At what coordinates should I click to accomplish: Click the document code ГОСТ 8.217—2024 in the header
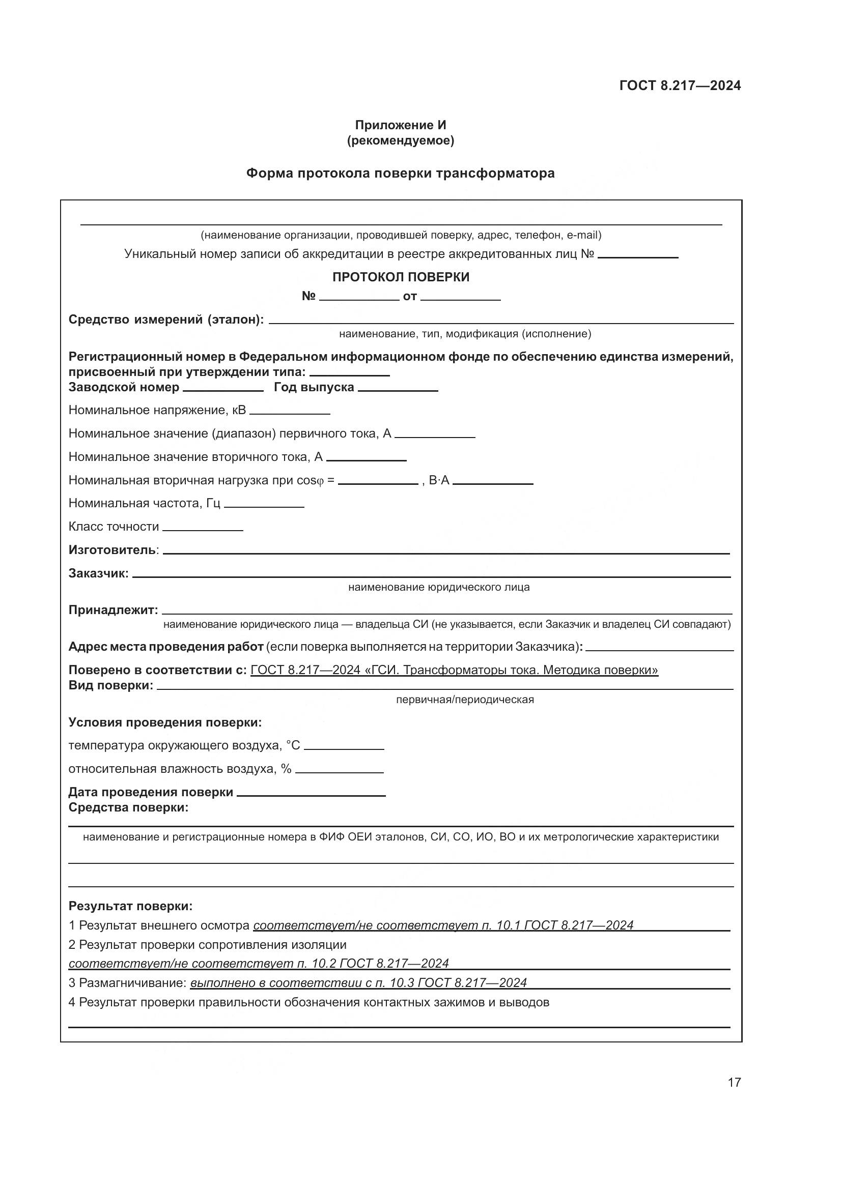click(x=680, y=85)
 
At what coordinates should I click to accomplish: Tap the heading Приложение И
click(x=400, y=125)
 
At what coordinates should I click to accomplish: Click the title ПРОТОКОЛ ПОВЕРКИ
click(x=400, y=277)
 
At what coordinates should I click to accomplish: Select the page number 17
click(x=734, y=1082)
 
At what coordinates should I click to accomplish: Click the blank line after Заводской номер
click(x=223, y=388)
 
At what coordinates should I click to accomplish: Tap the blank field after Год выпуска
click(x=398, y=388)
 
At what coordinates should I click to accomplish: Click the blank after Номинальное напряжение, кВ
click(x=289, y=412)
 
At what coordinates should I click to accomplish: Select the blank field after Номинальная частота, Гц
click(x=264, y=504)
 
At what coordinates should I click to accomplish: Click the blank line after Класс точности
click(x=202, y=528)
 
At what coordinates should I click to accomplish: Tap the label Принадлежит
click(x=113, y=610)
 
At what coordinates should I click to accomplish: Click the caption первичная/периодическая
click(x=465, y=700)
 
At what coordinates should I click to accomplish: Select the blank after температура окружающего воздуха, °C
click(x=344, y=747)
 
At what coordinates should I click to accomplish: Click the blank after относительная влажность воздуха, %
click(x=339, y=770)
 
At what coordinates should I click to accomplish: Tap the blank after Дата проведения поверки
click(x=311, y=793)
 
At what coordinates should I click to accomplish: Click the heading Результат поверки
click(x=130, y=906)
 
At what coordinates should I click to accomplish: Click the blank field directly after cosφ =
click(x=377, y=481)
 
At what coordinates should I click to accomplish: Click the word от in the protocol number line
click(x=410, y=297)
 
